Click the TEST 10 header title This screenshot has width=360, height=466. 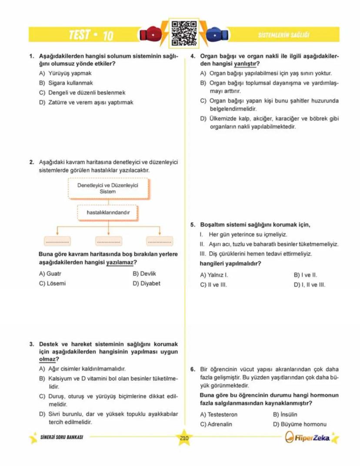pos(91,35)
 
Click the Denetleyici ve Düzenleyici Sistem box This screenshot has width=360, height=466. pos(107,188)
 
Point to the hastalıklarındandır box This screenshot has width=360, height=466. pos(107,213)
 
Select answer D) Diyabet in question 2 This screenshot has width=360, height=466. pos(147,284)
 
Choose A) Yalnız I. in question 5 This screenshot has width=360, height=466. pos(214,275)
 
